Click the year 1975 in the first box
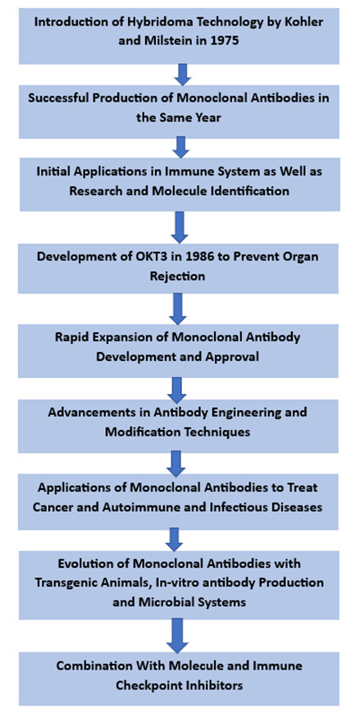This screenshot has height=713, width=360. tap(225, 40)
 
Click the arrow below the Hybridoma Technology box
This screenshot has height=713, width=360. tap(183, 75)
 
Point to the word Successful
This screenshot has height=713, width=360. tap(56, 98)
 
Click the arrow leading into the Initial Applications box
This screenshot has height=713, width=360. tap(181, 148)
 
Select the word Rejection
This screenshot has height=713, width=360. tap(178, 276)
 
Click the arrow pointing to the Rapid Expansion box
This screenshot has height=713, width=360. tap(178, 308)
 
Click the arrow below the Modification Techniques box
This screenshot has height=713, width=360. tap(177, 463)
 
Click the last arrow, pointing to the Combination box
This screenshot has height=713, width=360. tap(177, 635)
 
